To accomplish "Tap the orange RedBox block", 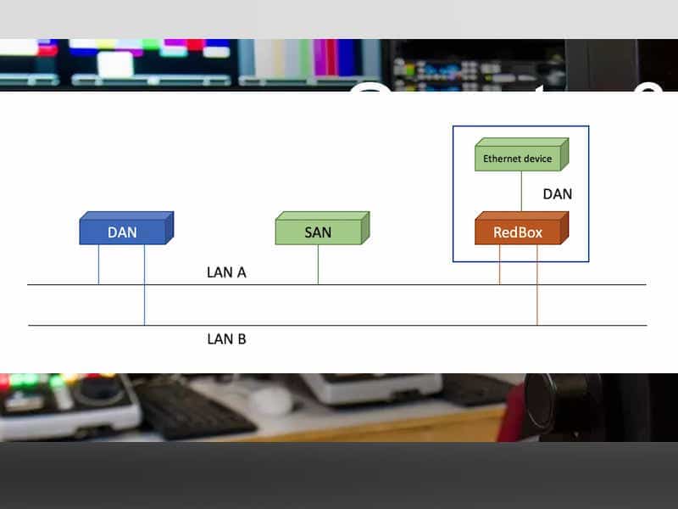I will coord(518,232).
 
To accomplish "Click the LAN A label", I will coord(226,273).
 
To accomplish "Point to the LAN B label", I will coord(226,339).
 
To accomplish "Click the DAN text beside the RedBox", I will coord(557,194).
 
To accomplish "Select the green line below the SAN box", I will coord(318,265).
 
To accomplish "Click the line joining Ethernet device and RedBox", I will coord(521,192).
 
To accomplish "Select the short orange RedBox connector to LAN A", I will coord(499,265).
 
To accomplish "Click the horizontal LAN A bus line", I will coord(381,284).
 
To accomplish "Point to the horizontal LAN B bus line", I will coord(381,325).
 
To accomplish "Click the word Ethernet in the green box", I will coord(500,159).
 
